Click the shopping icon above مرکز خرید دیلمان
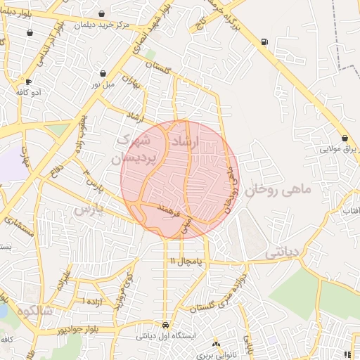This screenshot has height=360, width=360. coord(102,13)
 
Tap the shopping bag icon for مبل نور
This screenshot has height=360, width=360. coord(103,73)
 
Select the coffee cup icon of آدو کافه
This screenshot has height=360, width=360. coord(27,82)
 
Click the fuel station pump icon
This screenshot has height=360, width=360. coord(264,41)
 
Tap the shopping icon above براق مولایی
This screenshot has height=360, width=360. coord(345,138)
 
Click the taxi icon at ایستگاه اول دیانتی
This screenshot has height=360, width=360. coord(165,325)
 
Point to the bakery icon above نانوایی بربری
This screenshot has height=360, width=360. coord(216,344)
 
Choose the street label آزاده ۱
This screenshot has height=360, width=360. coord(92,301)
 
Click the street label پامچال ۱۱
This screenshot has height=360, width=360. coord(185,261)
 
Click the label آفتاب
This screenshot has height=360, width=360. coord(350,210)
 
